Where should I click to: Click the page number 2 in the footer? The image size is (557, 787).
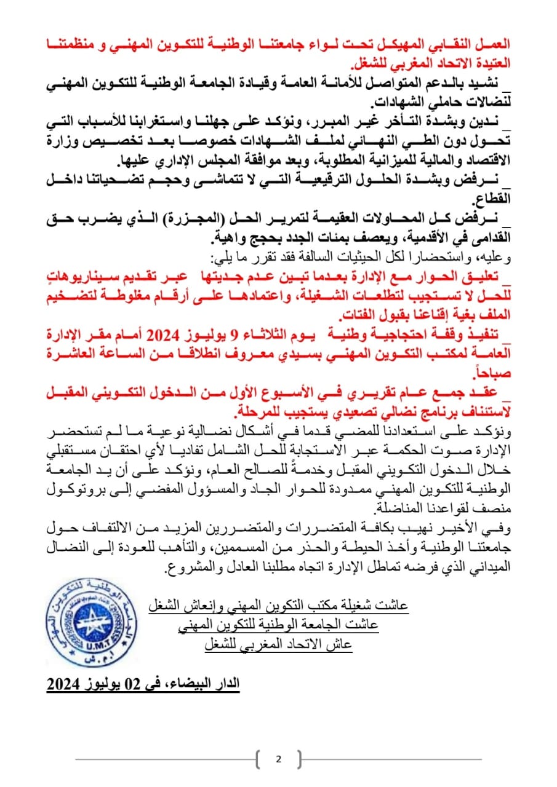(278, 759)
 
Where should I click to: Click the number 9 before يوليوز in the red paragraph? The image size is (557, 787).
(234, 334)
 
